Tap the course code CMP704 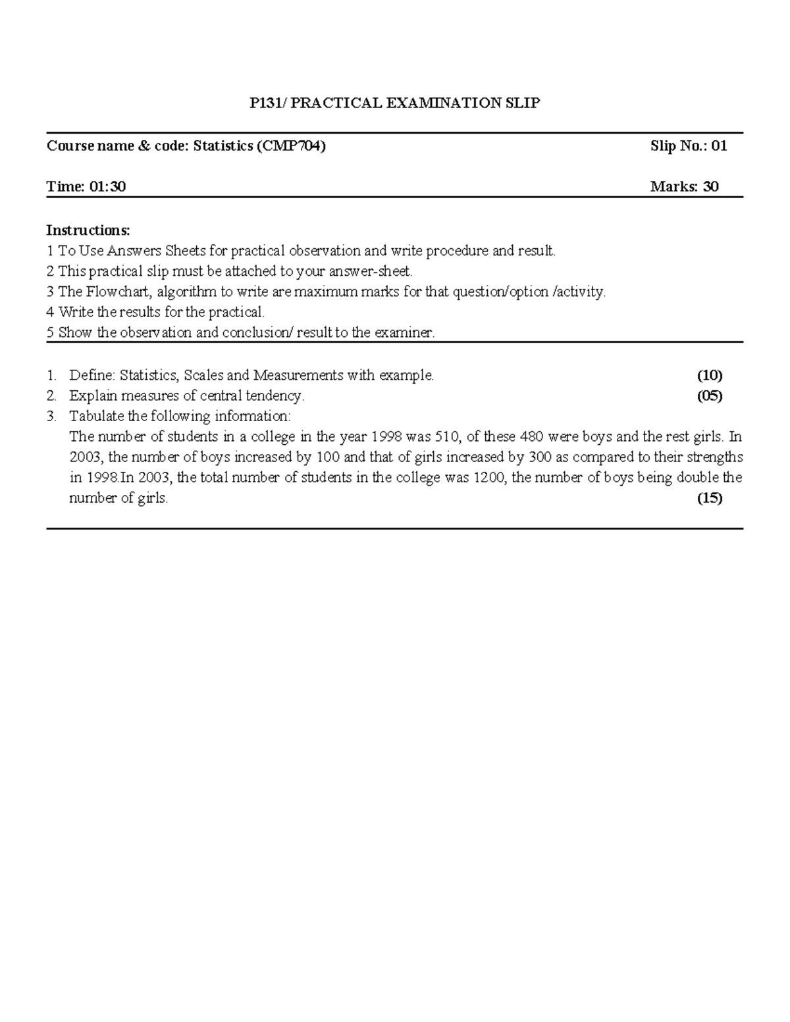tap(290, 146)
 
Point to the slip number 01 tap(719, 146)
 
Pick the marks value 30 tap(711, 187)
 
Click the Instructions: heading tap(88, 230)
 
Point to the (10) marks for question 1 tap(710, 376)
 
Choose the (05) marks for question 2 tap(710, 396)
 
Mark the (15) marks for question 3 tap(710, 498)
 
